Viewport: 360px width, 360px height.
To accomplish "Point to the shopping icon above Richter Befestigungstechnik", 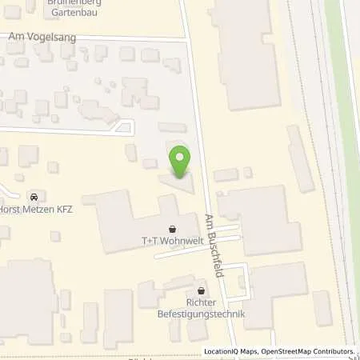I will click(201, 290).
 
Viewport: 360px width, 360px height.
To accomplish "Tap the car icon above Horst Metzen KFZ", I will click(34, 196).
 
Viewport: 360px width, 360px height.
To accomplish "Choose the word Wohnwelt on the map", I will click(181, 239).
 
